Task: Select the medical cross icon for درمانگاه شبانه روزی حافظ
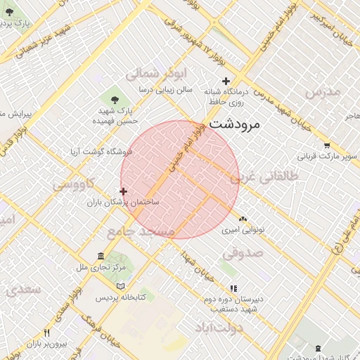(225, 82)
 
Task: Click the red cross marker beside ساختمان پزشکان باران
(124, 191)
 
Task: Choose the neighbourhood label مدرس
(322, 92)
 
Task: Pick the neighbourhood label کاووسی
(75, 184)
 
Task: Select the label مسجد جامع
(141, 231)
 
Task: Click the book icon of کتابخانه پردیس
(121, 287)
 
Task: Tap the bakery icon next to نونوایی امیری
(243, 219)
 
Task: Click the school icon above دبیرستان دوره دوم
(233, 288)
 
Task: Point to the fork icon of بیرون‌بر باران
(46, 333)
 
